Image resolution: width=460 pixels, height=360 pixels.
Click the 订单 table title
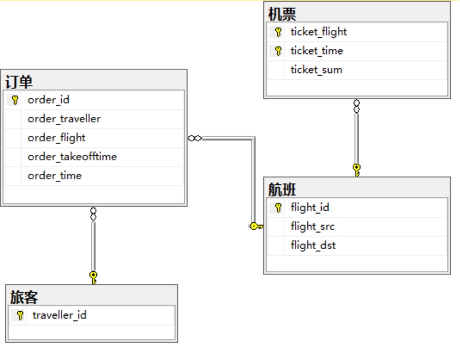coord(19,82)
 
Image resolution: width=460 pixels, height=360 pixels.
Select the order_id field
coord(48,100)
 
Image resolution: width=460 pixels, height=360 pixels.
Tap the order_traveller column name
coord(64,119)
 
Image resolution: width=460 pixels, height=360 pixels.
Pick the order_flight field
coord(57,138)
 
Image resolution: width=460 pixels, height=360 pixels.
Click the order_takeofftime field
coord(72,157)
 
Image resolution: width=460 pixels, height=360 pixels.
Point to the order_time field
coord(54,176)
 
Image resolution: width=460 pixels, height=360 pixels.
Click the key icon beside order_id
coord(15,100)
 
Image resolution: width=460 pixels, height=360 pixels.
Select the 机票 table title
coord(282,14)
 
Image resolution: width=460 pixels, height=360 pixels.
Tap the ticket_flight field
coord(318,32)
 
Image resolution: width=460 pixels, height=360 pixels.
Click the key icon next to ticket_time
coord(278,51)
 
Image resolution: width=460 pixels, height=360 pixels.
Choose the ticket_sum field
coord(316,70)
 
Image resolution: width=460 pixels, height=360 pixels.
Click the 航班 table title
coord(282,189)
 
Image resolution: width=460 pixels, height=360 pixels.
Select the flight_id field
coord(310,208)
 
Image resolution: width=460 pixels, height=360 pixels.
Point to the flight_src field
coord(313,227)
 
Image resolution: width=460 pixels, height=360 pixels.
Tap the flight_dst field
coord(313,246)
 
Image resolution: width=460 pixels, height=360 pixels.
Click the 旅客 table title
coord(24,297)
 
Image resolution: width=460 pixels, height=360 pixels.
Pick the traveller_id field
coord(60,315)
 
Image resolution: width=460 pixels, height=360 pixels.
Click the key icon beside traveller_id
coord(20,315)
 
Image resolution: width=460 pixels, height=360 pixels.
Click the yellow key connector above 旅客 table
coord(93,277)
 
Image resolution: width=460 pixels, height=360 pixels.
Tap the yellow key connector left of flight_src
coord(256,226)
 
